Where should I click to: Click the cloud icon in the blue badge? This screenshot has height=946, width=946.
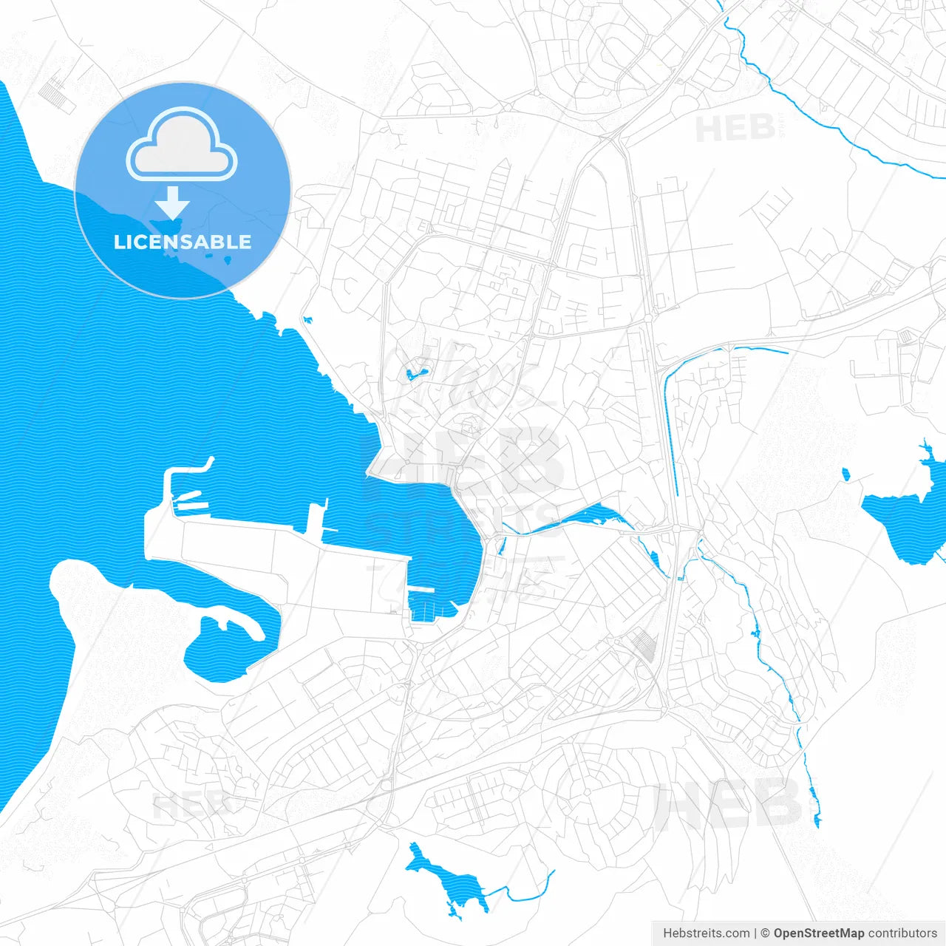pyautogui.click(x=182, y=145)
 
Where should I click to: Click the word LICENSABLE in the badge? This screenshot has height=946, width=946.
pyautogui.click(x=183, y=242)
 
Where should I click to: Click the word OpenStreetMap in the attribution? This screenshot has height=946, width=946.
pyautogui.click(x=818, y=933)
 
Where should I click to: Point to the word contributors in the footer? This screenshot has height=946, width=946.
pyautogui.click(x=902, y=933)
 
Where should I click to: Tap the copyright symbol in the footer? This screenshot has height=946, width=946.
pyautogui.click(x=765, y=933)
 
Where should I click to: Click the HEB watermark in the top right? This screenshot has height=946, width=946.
pyautogui.click(x=735, y=129)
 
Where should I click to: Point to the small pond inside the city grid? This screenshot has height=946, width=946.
pyautogui.click(x=414, y=373)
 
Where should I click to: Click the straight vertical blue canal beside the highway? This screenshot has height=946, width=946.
pyautogui.click(x=670, y=436)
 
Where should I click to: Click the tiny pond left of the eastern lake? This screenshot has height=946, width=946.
pyautogui.click(x=845, y=473)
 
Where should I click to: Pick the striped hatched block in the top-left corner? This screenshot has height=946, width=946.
pyautogui.click(x=52, y=92)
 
